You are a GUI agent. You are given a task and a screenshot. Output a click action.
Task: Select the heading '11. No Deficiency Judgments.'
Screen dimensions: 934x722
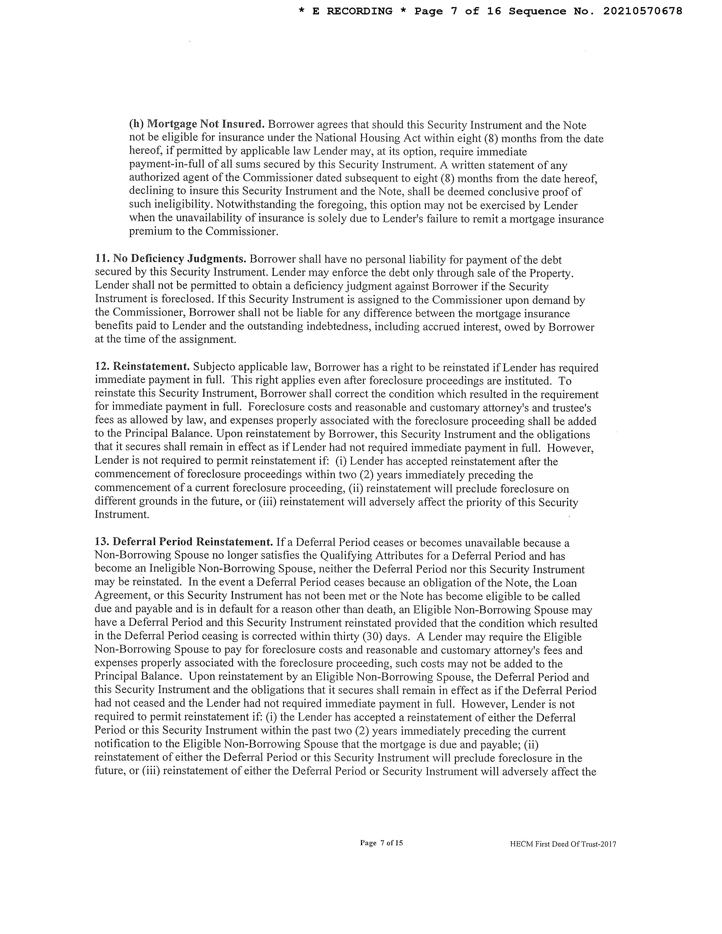170,259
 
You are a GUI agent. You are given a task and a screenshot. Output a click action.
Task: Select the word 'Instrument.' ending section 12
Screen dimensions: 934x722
122,514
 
